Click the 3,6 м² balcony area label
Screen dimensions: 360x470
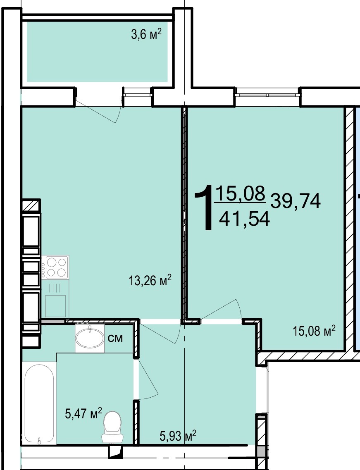[x=146, y=34]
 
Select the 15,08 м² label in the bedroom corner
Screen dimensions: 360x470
[x=314, y=331]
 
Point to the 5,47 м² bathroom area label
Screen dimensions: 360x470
[x=83, y=413]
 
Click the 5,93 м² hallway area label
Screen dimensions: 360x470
[x=178, y=435]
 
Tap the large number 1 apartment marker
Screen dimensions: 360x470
[x=205, y=208]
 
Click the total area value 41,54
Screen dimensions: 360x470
[x=244, y=219]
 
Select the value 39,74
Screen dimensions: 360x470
[x=296, y=201]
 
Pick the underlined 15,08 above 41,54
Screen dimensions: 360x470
[x=241, y=193]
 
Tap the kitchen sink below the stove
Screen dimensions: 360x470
[x=55, y=306]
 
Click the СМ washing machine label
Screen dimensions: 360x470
[x=115, y=339]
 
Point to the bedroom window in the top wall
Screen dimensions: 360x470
[x=267, y=92]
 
